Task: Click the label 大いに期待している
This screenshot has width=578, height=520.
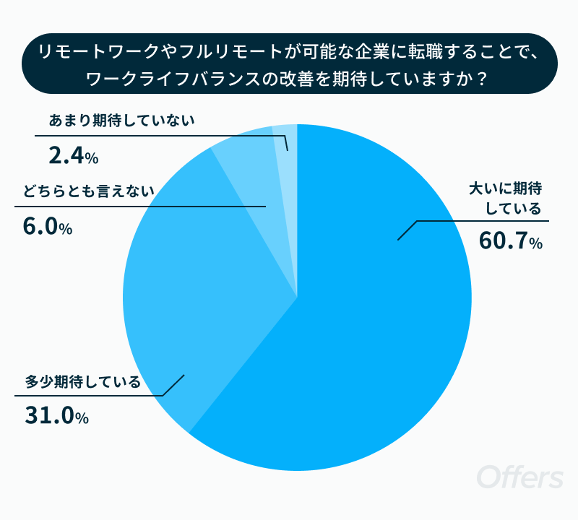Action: click(505, 199)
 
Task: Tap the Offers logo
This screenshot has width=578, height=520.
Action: click(519, 477)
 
